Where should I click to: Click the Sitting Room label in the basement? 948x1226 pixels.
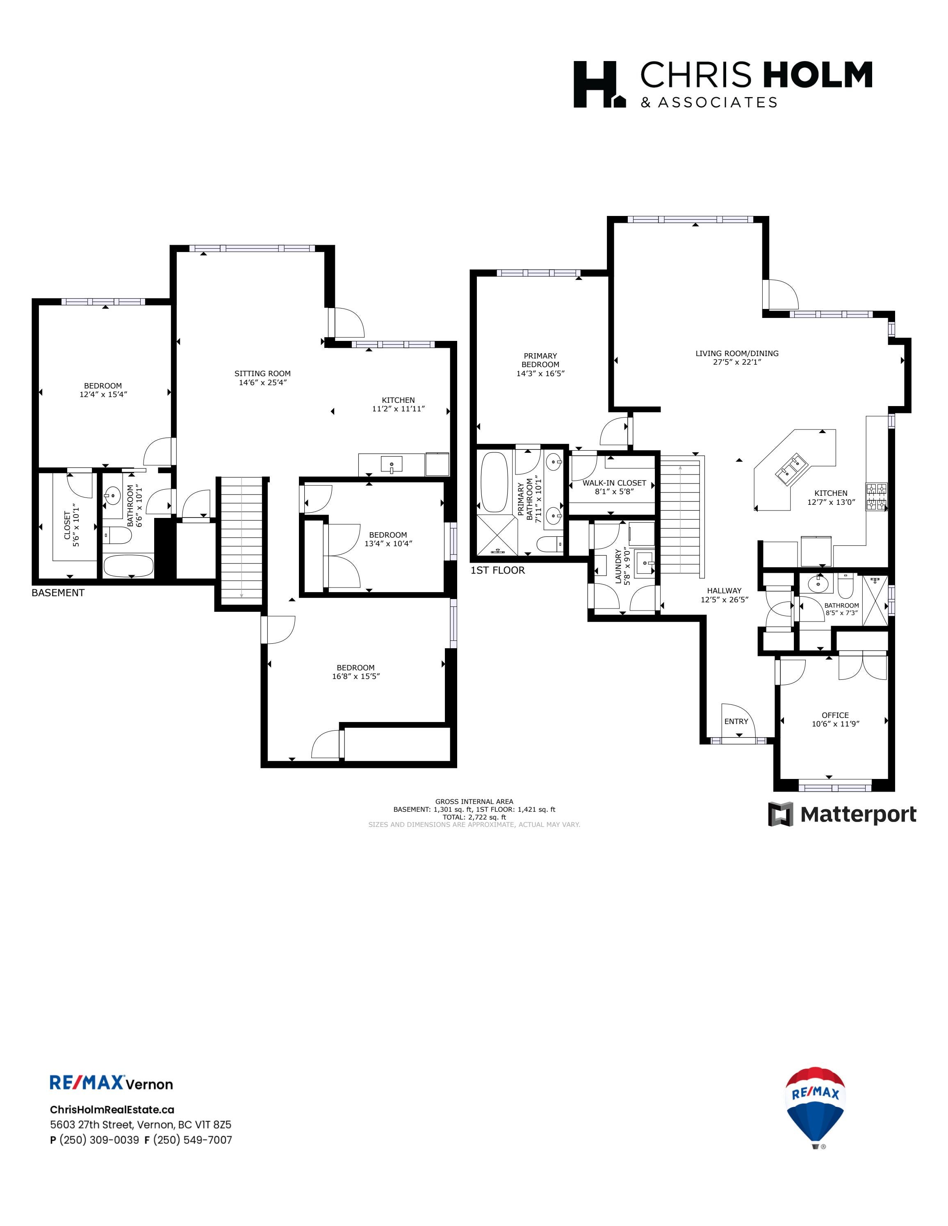pos(262,373)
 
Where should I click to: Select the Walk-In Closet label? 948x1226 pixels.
pos(614,483)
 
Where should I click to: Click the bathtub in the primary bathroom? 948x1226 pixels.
pos(494,483)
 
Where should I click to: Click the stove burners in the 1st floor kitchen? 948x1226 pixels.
pos(877,496)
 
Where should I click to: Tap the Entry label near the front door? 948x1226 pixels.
pos(736,721)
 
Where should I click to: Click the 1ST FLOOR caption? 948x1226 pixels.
pos(498,570)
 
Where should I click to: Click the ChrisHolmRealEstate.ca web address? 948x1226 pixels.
pos(112,1109)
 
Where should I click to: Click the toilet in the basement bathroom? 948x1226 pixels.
pos(117,536)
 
